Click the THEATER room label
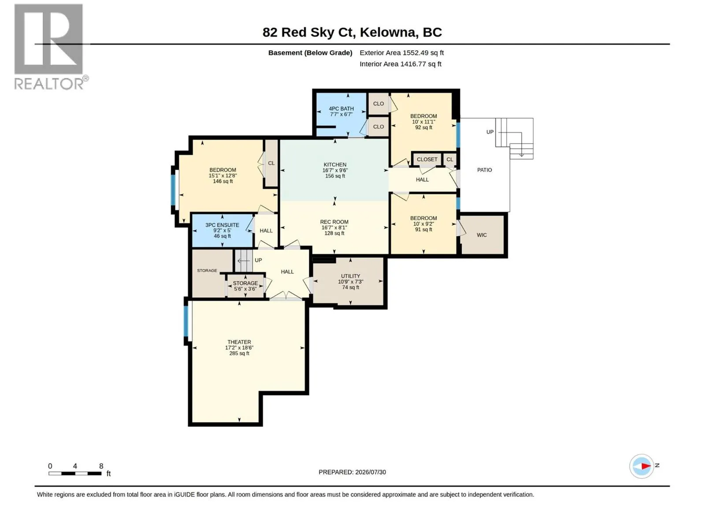239,342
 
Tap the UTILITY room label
350,276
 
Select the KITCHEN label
335,164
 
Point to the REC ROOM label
334,222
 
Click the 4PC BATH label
341,108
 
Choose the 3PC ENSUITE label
222,225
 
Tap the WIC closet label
482,235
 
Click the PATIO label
484,170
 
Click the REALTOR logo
50,47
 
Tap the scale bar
75,473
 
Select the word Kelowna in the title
389,32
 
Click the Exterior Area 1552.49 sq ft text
401,52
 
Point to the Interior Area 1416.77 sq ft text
400,64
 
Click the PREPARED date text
352,472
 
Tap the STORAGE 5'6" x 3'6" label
245,286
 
